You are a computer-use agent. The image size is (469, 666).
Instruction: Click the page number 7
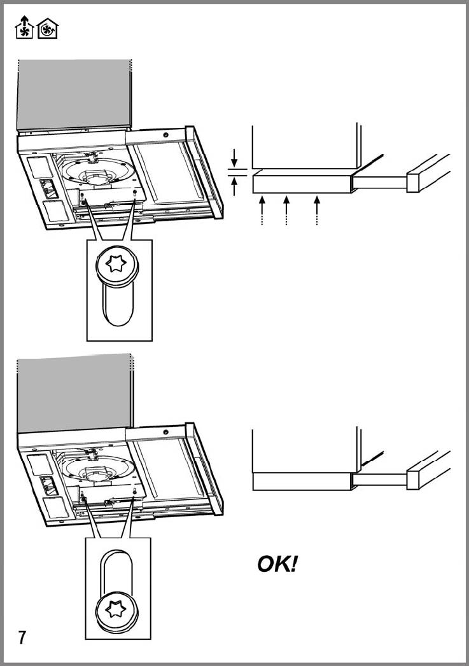pos(22,637)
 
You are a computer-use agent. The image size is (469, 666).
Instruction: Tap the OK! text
pos(277,564)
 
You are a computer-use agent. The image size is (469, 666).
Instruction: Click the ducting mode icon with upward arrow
pos(24,27)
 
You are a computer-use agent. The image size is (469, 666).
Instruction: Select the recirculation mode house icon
pos(47,29)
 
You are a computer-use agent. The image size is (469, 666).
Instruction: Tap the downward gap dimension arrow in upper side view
pos(234,156)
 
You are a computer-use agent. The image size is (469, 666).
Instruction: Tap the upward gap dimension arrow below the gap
pos(234,186)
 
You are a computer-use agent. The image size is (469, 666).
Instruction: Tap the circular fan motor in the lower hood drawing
pos(95,471)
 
